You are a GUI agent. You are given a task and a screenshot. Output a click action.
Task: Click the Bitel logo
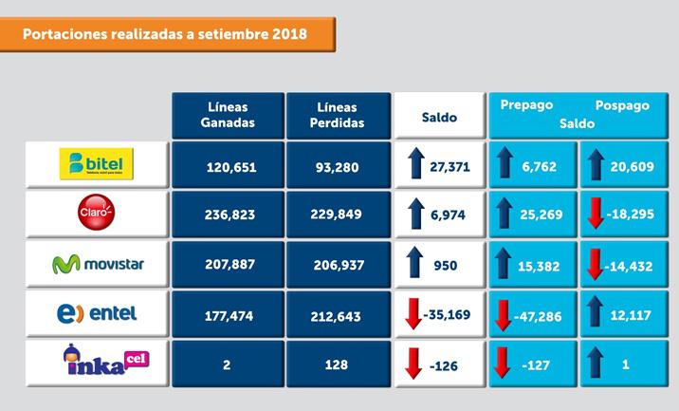pyautogui.click(x=97, y=163)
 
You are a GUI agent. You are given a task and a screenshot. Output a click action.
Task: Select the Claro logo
pyautogui.click(x=97, y=214)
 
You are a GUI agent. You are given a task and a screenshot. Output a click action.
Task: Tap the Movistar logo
pyautogui.click(x=98, y=263)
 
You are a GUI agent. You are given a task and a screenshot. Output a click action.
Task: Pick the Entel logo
pyautogui.click(x=97, y=312)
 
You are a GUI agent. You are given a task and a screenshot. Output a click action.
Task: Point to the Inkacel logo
pyautogui.click(x=97, y=362)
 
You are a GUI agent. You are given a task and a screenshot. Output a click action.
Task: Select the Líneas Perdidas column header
pyautogui.click(x=337, y=115)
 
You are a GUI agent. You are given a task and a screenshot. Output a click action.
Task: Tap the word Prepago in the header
pyautogui.click(x=526, y=105)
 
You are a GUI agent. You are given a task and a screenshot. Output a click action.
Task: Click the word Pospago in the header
pyautogui.click(x=622, y=105)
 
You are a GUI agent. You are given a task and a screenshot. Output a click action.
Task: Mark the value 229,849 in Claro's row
pyautogui.click(x=337, y=215)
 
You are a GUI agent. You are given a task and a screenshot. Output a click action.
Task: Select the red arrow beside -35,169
pyautogui.click(x=413, y=313)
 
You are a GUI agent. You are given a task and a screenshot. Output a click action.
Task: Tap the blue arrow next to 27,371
pyautogui.click(x=414, y=165)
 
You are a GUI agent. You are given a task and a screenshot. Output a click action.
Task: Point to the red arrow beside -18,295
pyautogui.click(x=596, y=215)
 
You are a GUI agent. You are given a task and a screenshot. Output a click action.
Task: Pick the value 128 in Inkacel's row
pyautogui.click(x=337, y=364)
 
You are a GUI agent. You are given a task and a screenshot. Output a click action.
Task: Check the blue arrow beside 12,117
pyautogui.click(x=596, y=312)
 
